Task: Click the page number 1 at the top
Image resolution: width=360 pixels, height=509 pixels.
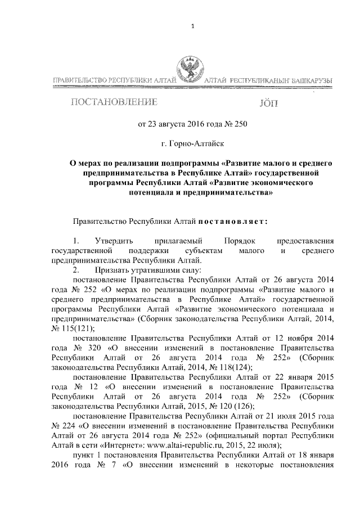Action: (192, 26)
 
